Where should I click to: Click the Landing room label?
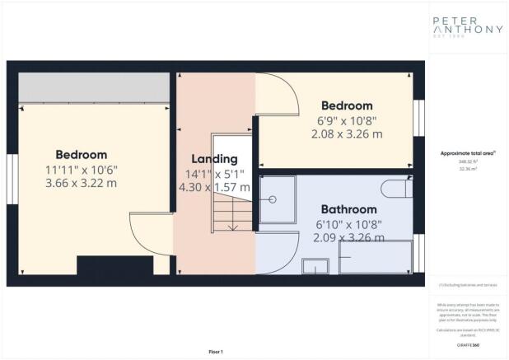point(214,158)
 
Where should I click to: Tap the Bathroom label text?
point(348,209)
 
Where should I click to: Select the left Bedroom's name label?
point(81,154)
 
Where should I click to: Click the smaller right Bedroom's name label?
point(346,105)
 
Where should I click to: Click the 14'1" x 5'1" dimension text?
point(214,173)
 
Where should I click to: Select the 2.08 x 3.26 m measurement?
point(346,133)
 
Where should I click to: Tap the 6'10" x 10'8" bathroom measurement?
point(348,224)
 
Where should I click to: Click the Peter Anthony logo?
point(468,27)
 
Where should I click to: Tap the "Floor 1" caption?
point(215,352)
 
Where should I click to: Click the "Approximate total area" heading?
point(467,154)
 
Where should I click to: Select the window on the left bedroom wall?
point(12,179)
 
